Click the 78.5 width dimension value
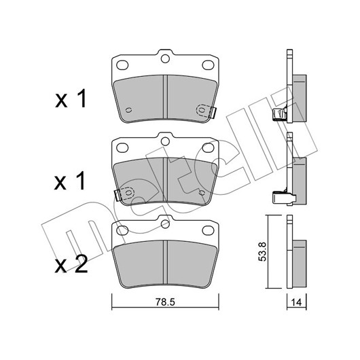[165, 302]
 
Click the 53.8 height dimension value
[262, 251]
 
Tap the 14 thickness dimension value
[296, 302]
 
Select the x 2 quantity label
[71, 265]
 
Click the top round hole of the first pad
[165, 59]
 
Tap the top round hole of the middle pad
[165, 141]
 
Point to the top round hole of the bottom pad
[165, 224]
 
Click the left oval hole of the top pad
[122, 65]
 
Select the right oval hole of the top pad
[208, 65]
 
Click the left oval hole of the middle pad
[122, 147]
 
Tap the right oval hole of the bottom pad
[208, 230]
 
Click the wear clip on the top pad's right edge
[212, 113]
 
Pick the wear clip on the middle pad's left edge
[118, 196]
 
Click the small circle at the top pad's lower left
[129, 110]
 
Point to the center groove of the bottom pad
[165, 262]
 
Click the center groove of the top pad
[165, 96]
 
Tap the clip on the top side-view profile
[279, 114]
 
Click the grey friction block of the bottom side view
[300, 264]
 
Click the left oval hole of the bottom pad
[122, 230]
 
